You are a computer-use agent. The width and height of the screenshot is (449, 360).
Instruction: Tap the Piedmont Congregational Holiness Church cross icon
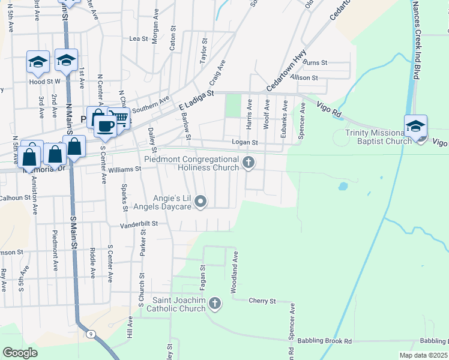pos(248,162)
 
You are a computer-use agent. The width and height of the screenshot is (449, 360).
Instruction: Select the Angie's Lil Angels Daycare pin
pos(202,202)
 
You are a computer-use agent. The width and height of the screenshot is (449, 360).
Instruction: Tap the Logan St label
pos(245,143)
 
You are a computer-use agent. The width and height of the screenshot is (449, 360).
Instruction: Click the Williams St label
pos(124,169)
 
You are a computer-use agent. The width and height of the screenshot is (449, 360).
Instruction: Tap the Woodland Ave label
pos(235,272)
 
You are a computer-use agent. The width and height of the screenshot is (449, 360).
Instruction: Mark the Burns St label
pos(315,62)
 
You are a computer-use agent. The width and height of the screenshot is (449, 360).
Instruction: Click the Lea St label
pos(139,38)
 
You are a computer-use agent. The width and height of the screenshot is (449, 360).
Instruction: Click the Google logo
pos(20,352)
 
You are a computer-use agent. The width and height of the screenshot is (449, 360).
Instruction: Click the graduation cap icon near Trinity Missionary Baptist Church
pos(415,126)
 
